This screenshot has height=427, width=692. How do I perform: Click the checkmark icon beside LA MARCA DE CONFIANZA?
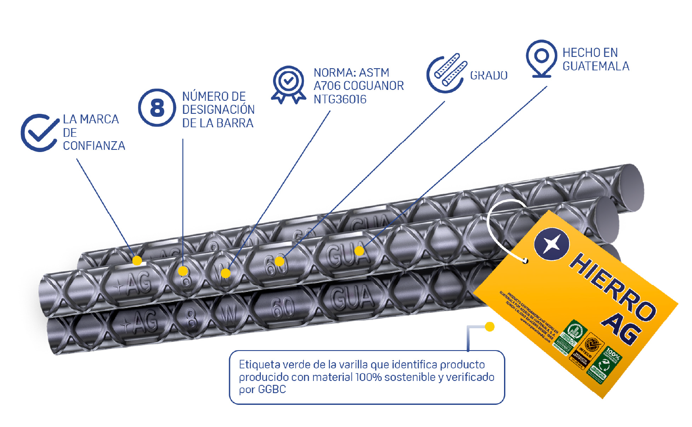[39, 133]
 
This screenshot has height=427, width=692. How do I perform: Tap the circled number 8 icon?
[157, 108]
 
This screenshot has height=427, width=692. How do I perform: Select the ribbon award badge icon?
[288, 83]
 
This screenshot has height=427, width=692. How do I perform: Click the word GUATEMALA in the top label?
[596, 66]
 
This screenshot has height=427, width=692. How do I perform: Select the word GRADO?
[489, 76]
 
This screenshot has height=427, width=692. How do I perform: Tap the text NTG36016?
[340, 99]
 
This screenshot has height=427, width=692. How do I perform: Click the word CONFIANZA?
[94, 146]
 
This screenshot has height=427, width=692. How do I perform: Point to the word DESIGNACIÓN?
[218, 109]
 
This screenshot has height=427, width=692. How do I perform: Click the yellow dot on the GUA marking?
[359, 251]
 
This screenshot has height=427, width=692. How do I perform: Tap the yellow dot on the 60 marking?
[280, 261]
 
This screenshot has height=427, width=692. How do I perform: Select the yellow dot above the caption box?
[490, 327]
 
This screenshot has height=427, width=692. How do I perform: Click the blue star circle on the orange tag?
[551, 243]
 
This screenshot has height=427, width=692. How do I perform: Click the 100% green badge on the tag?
[611, 357]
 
